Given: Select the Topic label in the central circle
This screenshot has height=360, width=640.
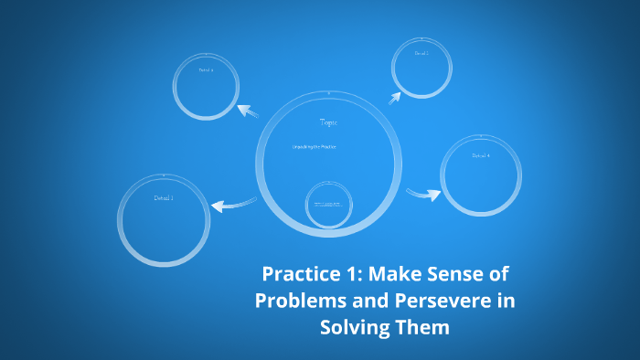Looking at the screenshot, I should point(328,122).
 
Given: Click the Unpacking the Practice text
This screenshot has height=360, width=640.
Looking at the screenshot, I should point(315,146).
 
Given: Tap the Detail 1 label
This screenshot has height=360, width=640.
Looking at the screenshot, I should point(164,197).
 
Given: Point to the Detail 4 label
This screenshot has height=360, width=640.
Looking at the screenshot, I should point(481,155).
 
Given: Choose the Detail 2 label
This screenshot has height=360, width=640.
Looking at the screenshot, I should point(206,69).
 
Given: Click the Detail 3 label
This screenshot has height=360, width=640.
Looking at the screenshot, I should point(421,53).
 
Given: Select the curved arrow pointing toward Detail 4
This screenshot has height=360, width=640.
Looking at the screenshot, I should point(423,193).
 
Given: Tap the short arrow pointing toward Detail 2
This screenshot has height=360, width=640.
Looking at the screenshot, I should point(248,111).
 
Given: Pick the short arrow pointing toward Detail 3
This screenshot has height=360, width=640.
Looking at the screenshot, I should point(398,93).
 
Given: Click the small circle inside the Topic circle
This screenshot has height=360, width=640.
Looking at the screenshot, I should point(328,202).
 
